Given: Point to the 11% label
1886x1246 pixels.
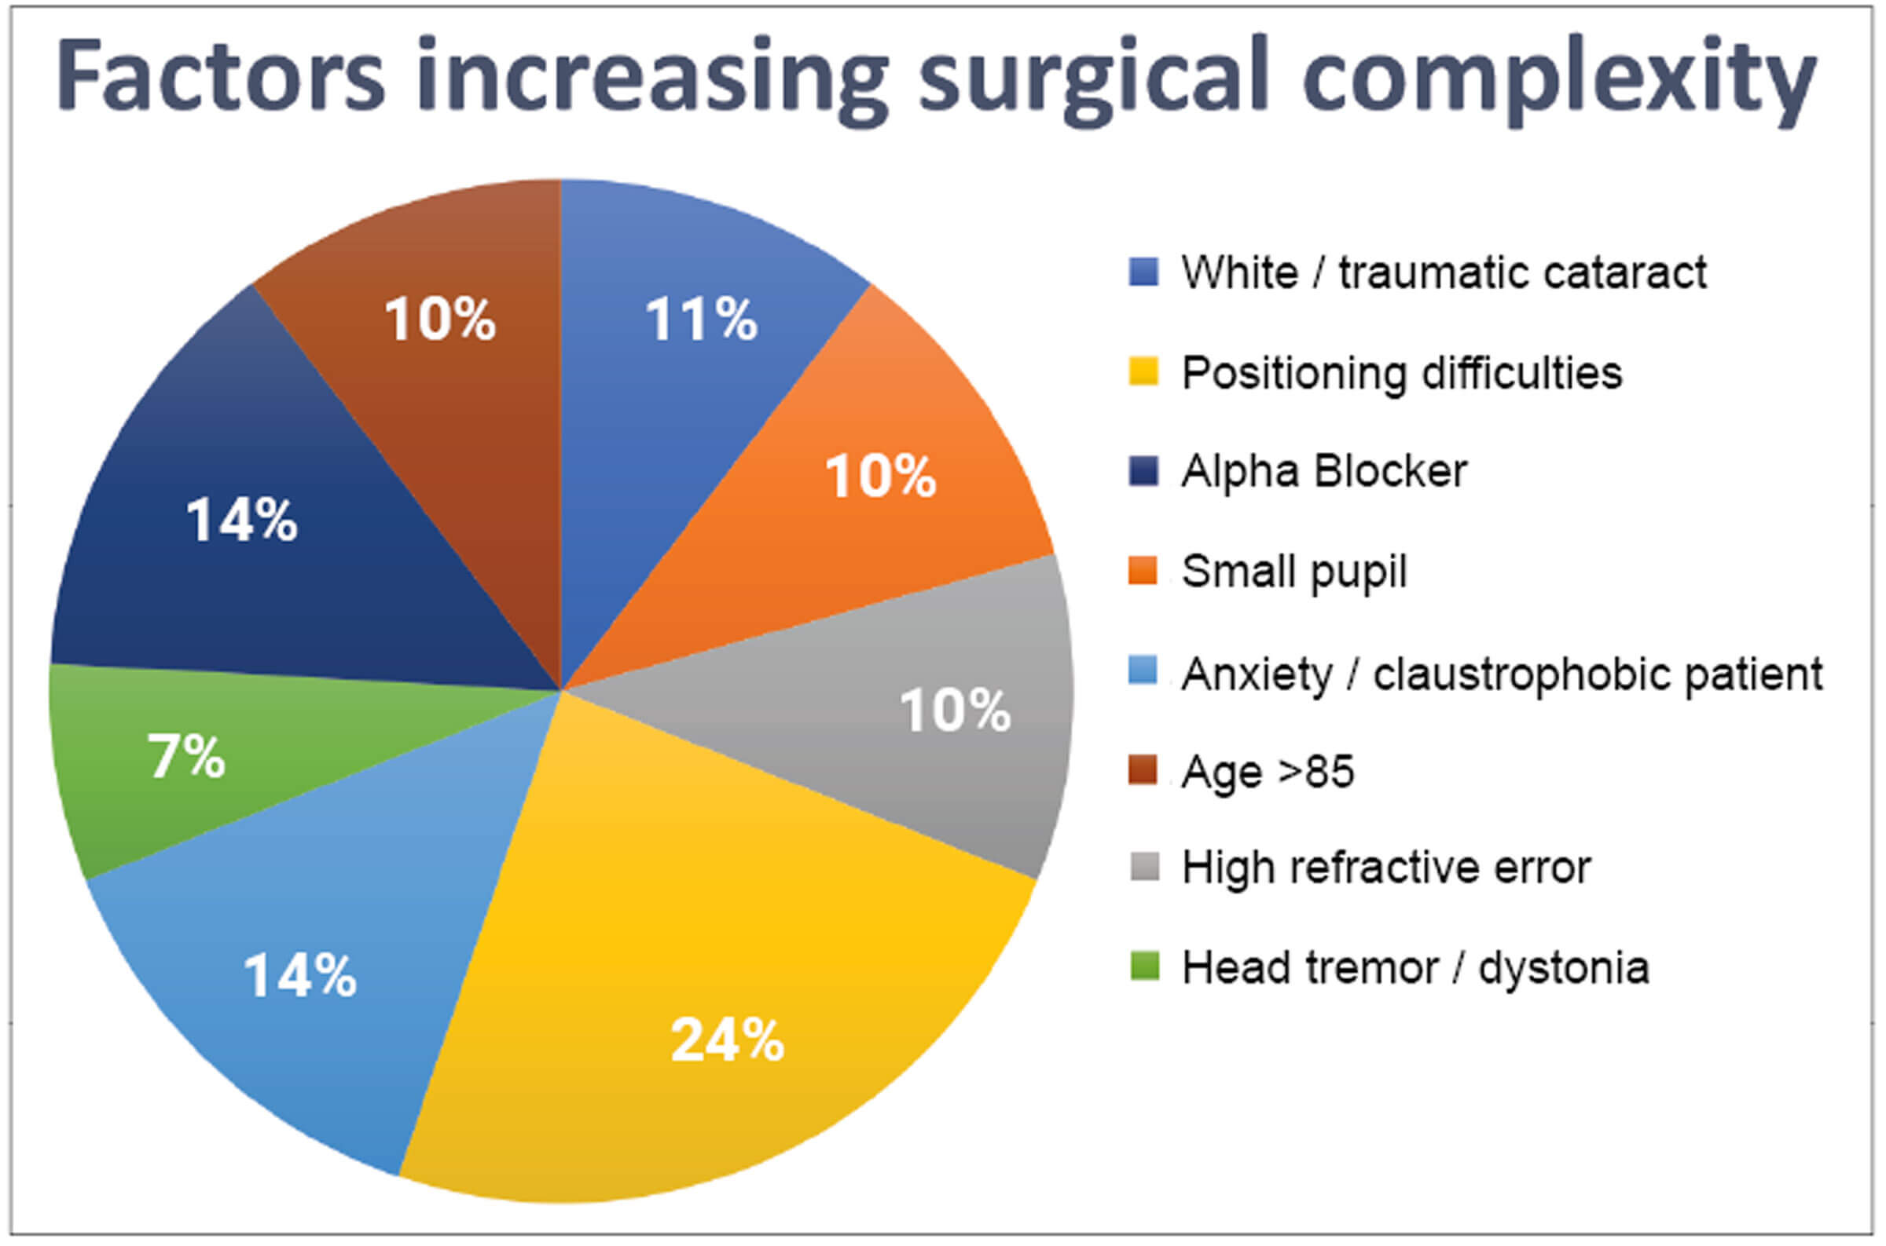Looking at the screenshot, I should (x=700, y=320).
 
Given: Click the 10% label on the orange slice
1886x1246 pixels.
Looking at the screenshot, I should (x=880, y=476).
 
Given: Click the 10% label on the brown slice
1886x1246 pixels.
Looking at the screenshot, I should (x=440, y=320).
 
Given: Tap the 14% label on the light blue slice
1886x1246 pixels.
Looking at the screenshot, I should (x=299, y=976).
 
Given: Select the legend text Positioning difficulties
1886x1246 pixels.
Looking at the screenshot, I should (x=1401, y=373).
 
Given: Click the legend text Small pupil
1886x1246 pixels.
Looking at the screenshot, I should (x=1293, y=572).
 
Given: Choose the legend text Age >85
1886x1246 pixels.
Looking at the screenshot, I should (x=1268, y=772).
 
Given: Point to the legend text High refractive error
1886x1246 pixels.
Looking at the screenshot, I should (x=1386, y=867).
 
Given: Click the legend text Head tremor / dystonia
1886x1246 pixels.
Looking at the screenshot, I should (x=1415, y=968).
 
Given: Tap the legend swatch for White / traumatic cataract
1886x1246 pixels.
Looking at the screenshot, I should (x=1143, y=272).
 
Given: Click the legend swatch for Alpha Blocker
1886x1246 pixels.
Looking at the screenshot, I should (x=1143, y=471).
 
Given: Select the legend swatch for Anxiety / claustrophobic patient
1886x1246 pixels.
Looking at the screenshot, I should (x=1143, y=671).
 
